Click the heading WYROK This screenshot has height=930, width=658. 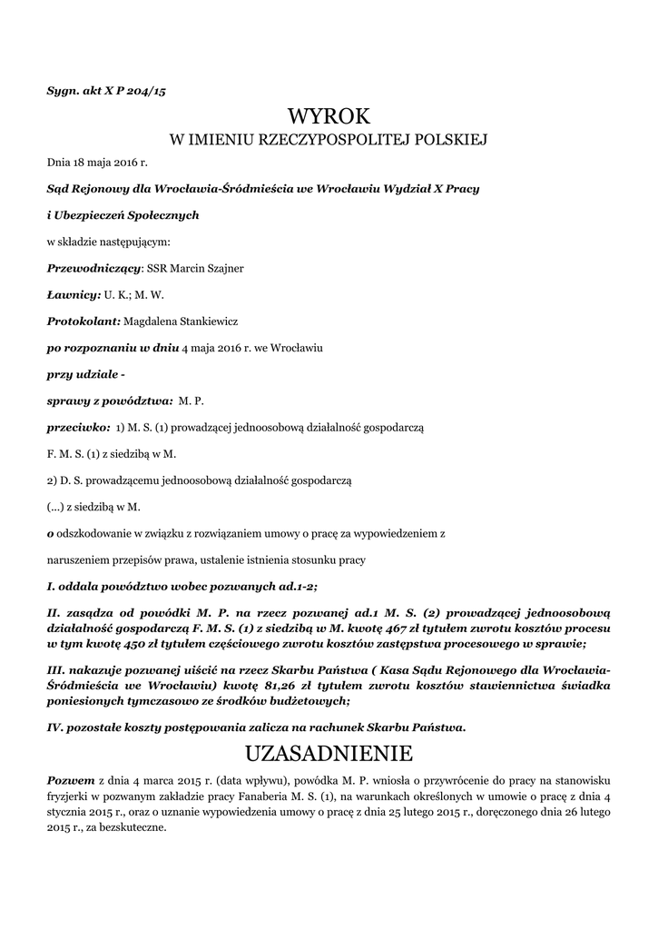pos(329,116)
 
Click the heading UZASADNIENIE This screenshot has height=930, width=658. pos(329,754)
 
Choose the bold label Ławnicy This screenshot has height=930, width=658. pos(73,295)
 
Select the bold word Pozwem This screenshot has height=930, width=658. pos(69,780)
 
